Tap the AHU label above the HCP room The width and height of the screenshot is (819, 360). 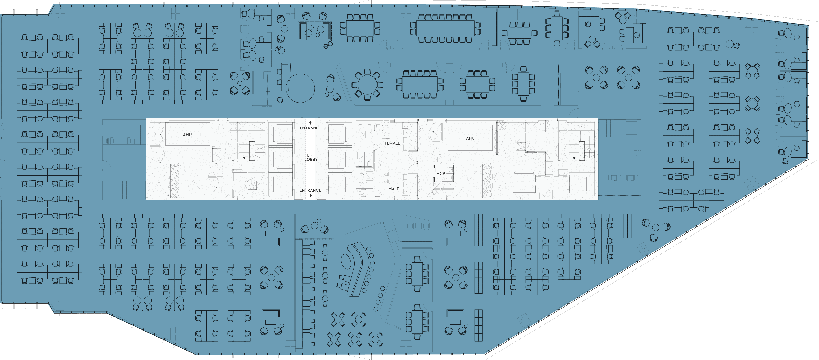[470, 138]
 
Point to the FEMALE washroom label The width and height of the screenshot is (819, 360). [392, 143]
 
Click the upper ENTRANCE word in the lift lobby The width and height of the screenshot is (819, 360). [311, 128]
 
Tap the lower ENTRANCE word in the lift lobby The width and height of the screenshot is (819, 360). [310, 190]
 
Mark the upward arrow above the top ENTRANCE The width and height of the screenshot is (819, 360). [311, 122]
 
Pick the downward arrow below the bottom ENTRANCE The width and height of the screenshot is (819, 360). [310, 195]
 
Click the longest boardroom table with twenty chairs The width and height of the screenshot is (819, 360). [445, 28]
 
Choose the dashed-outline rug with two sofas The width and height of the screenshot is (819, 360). [314, 31]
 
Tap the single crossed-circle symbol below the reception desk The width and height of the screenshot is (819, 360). [280, 100]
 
